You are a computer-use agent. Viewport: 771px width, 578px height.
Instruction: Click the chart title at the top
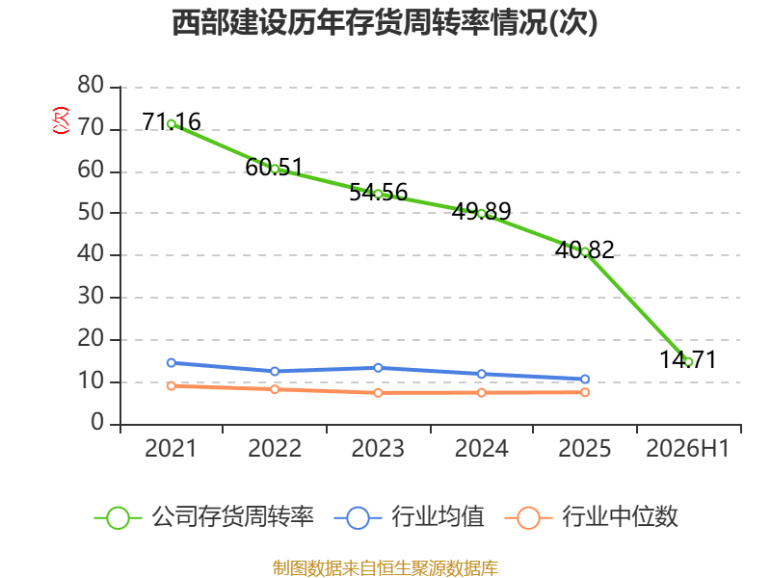[x=385, y=22]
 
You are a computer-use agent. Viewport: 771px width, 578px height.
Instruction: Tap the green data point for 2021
[x=172, y=124]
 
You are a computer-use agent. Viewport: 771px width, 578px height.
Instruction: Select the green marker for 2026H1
[x=688, y=362]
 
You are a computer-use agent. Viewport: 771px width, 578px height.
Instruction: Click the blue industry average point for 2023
[x=378, y=368]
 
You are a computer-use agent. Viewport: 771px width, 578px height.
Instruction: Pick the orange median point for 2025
[x=585, y=392]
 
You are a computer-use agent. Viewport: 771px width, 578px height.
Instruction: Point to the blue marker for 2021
[x=172, y=363]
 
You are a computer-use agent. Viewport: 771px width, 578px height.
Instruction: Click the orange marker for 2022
[x=275, y=389]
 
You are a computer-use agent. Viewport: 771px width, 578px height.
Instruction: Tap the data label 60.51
[x=275, y=167]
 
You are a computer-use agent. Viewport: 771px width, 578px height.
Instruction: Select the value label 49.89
[x=481, y=211]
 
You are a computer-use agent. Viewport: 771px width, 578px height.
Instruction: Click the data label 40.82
[x=585, y=250]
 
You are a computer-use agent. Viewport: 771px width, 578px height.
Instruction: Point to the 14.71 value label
[x=688, y=359]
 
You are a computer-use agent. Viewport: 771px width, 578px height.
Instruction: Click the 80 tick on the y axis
[x=91, y=85]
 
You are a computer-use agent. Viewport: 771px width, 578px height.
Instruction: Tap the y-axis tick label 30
[x=91, y=297]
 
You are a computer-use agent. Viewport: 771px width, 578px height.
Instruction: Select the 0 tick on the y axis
[x=97, y=423]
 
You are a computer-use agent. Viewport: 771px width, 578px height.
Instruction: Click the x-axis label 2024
[x=481, y=448]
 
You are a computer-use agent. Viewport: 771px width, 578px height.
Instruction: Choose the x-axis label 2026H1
[x=687, y=448]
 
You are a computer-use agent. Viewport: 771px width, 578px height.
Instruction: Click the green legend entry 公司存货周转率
[x=204, y=517]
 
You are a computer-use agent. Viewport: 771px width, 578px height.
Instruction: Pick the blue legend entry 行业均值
[x=409, y=517]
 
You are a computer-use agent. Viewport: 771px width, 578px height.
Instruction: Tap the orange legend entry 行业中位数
[x=592, y=517]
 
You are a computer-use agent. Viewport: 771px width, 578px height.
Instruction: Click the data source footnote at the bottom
[x=385, y=568]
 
